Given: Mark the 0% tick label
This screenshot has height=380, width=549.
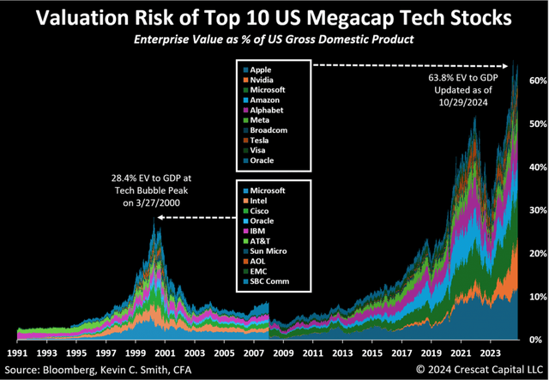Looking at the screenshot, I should click(535, 341).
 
